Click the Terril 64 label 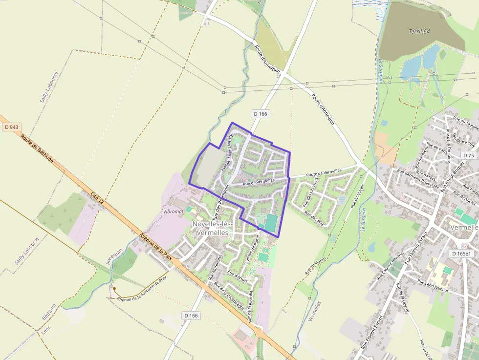[x=419, y=32]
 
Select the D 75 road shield [x=469, y=155]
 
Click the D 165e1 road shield [x=461, y=254]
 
